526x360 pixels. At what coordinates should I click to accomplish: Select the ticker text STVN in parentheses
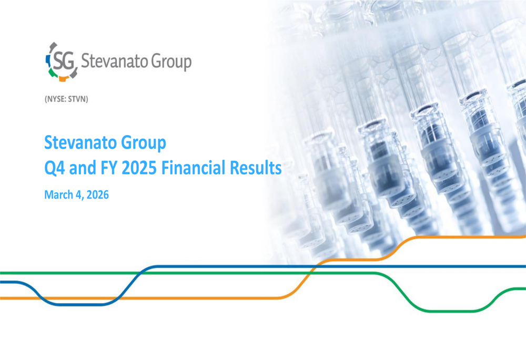click(x=76, y=99)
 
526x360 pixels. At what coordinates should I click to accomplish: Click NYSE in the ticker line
click(x=56, y=99)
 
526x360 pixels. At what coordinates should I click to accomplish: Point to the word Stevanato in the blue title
click(x=78, y=142)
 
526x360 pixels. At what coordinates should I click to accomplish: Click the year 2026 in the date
click(x=97, y=196)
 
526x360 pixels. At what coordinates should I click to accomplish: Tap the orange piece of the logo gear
click(x=64, y=78)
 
